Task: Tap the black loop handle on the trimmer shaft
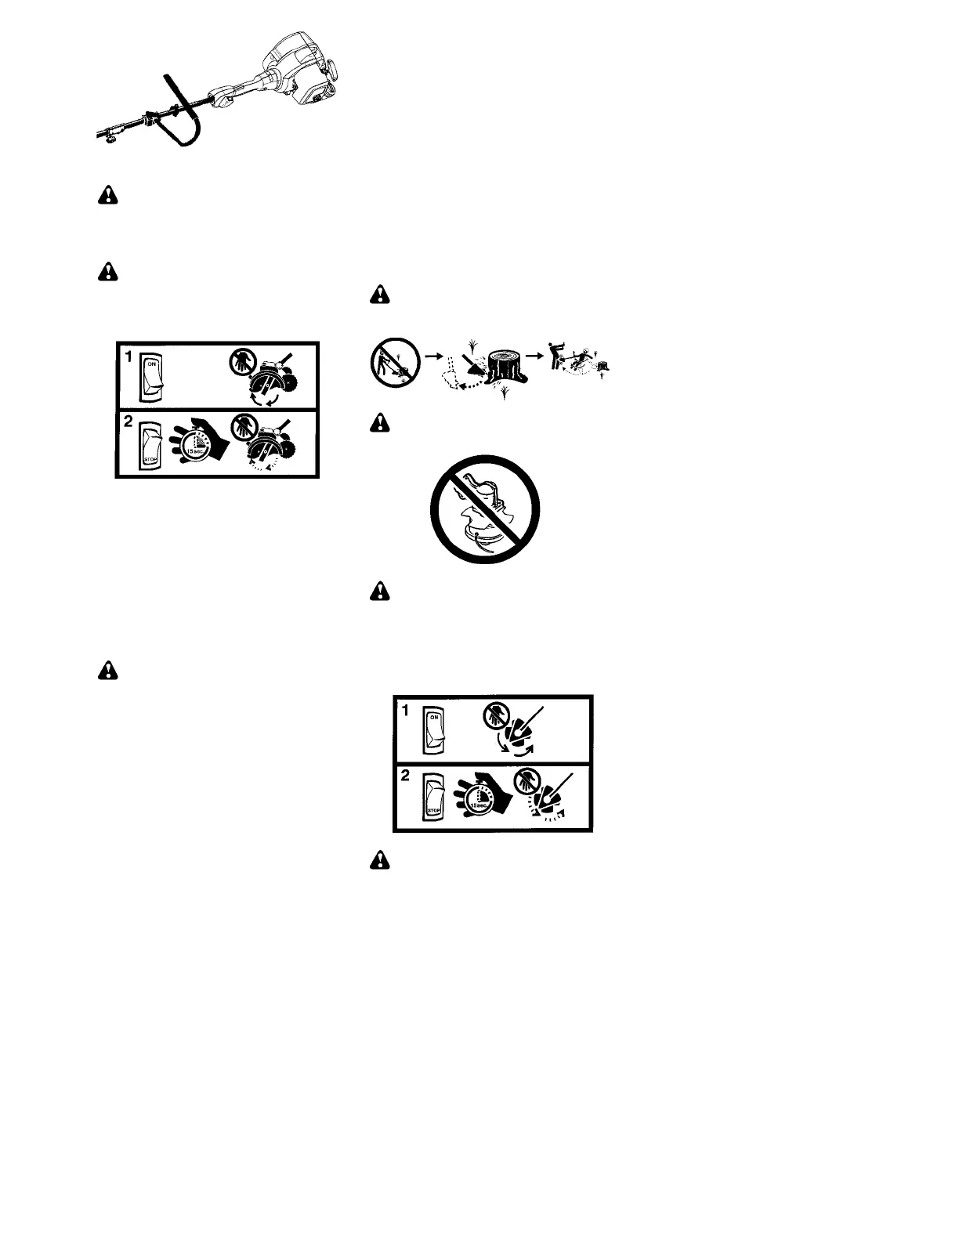(x=183, y=113)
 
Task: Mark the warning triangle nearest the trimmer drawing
(x=107, y=196)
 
